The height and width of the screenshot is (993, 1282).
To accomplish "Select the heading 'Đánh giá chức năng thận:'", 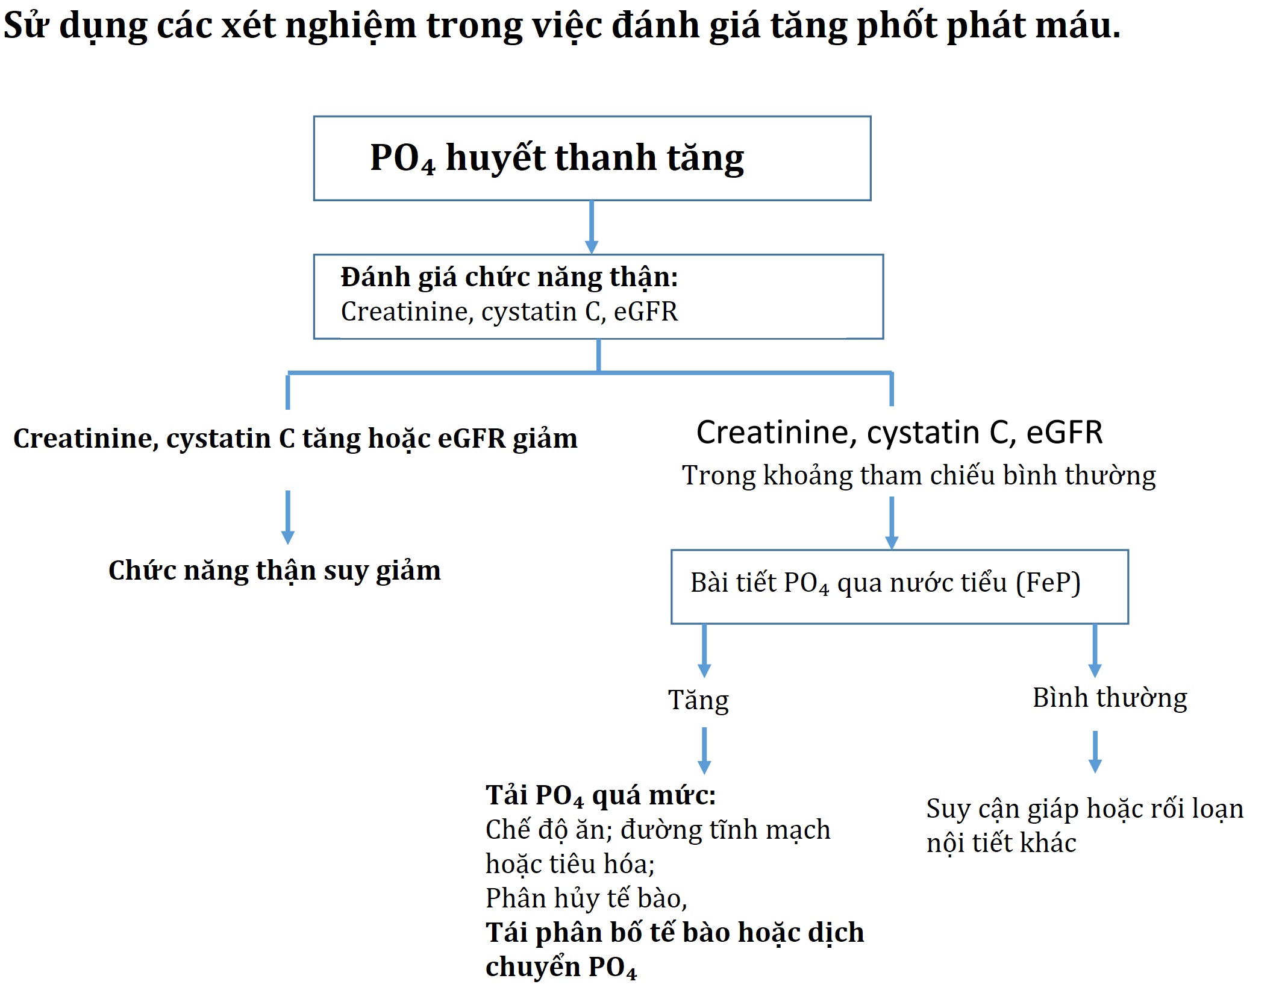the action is (x=510, y=277).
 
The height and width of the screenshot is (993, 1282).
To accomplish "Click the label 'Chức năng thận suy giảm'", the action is (x=275, y=571).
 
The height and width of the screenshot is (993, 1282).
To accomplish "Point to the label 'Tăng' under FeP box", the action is (x=699, y=700).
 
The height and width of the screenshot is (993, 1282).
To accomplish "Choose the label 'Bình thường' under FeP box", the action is (x=1110, y=698).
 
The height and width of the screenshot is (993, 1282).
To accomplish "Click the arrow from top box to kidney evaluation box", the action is (x=592, y=227).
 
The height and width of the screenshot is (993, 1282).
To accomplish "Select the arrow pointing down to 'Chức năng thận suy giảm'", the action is (x=288, y=518).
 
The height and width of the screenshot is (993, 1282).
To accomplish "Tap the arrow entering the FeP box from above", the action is (x=892, y=523).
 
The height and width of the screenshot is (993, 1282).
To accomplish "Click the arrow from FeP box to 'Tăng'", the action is (x=704, y=651).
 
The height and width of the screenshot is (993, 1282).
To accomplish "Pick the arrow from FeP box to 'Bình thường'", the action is (x=1095, y=651).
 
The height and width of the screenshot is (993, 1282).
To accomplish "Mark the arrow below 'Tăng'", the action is (x=704, y=751).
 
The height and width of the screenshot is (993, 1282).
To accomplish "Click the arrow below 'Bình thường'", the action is (x=1095, y=752).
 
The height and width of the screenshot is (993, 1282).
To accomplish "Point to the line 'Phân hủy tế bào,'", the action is (x=586, y=898).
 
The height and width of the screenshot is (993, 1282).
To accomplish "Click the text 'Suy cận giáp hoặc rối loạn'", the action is (x=1085, y=809).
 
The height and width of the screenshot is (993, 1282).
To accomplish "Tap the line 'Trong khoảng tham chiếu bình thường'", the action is (x=919, y=476).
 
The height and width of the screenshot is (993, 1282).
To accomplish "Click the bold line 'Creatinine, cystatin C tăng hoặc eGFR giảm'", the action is (x=295, y=439).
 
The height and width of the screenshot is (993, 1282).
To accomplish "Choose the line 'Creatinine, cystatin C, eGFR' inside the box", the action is (x=510, y=312).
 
